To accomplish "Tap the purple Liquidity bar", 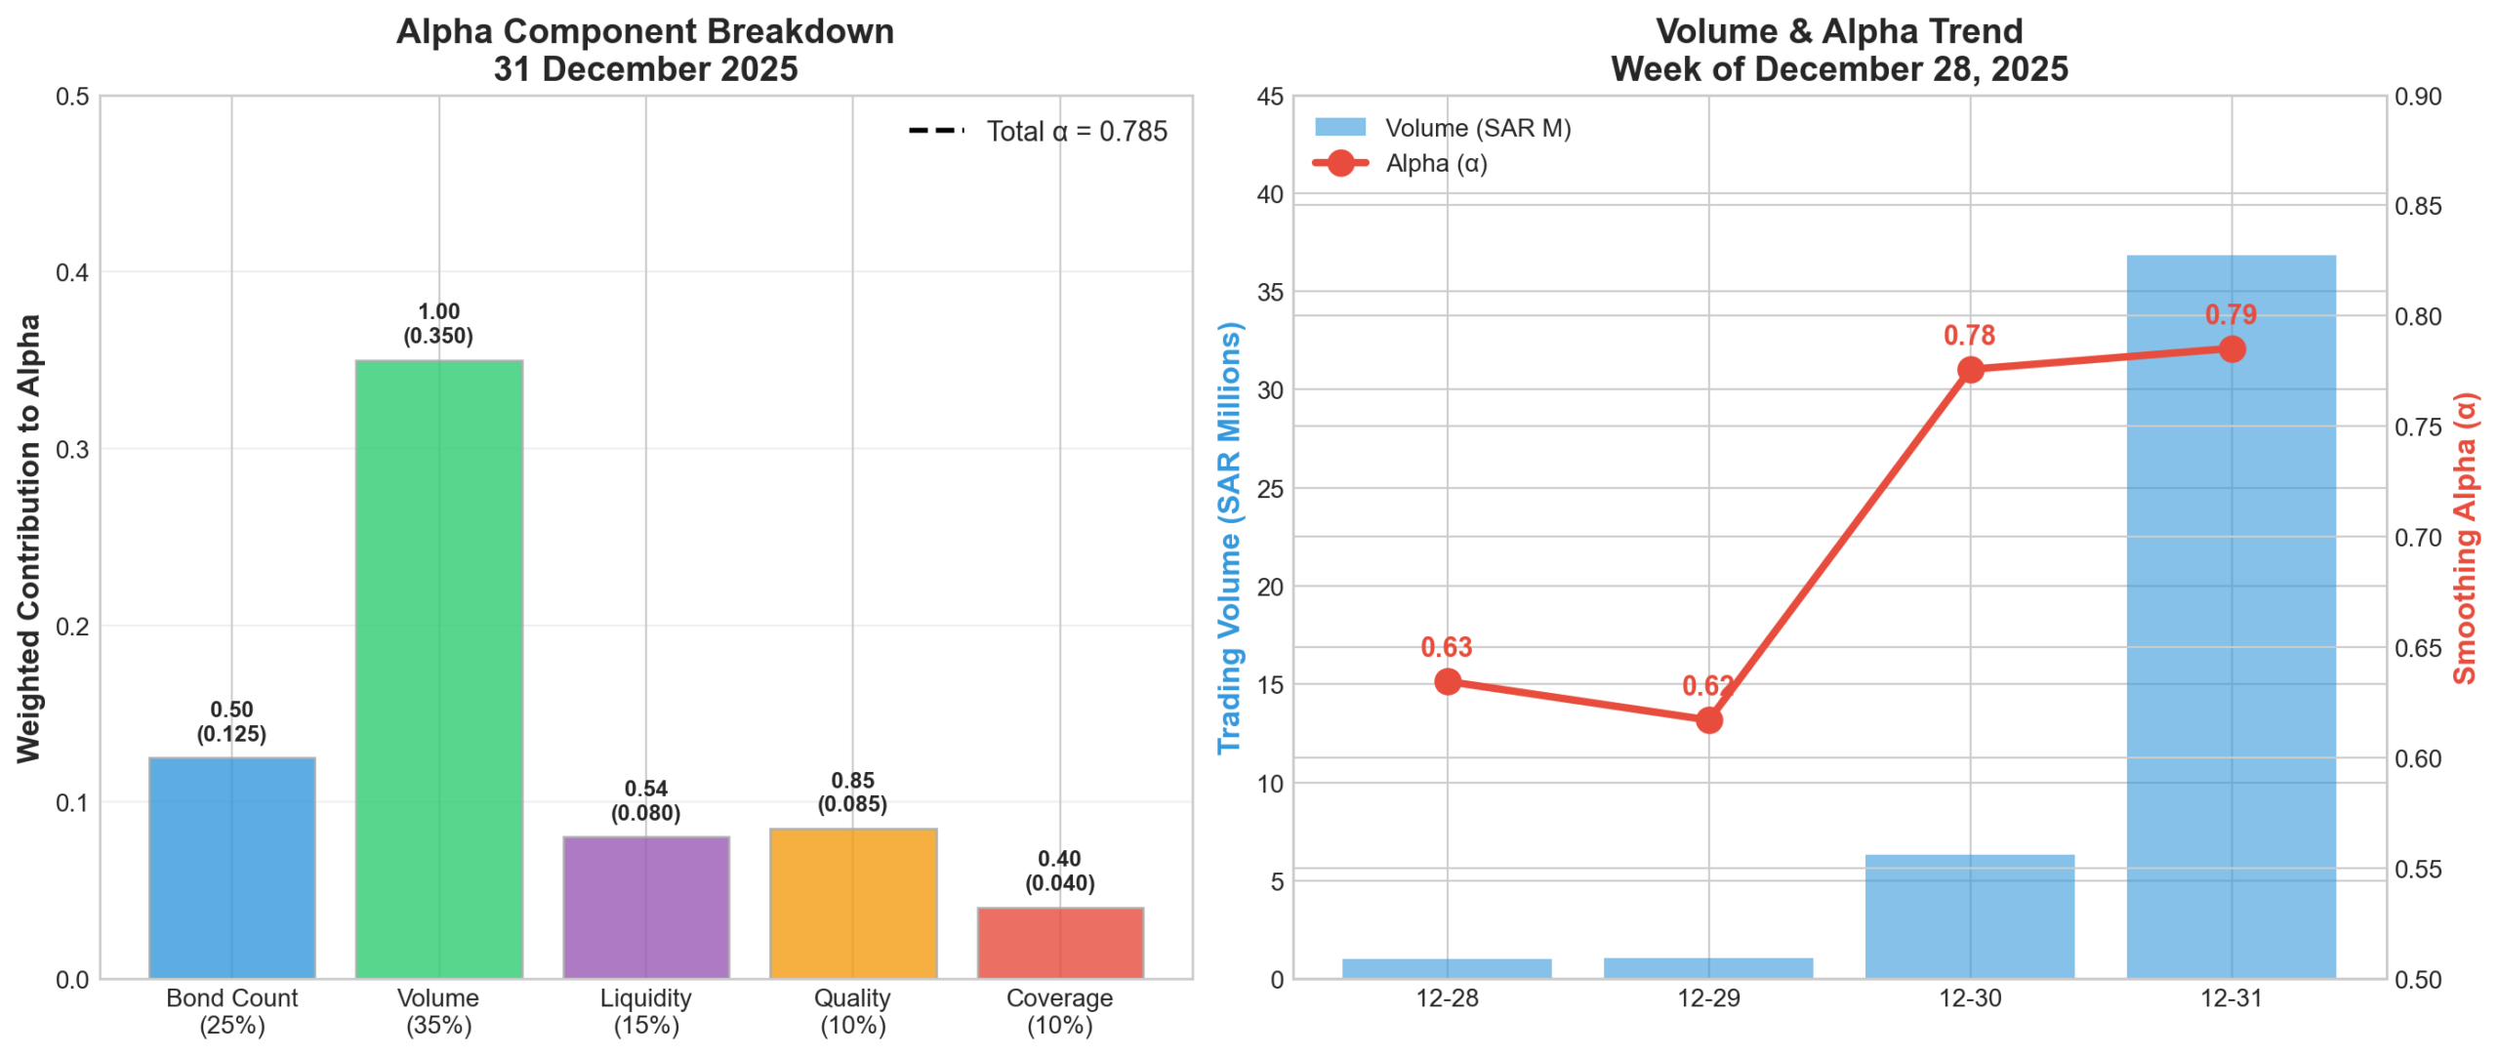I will pyautogui.click(x=645, y=907).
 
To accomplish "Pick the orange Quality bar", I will pyautogui.click(x=852, y=903).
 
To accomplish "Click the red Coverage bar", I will pyautogui.click(x=1059, y=942).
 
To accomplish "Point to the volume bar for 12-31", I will pyautogui.click(x=2231, y=615).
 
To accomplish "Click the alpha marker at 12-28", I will pyautogui.click(x=1448, y=681).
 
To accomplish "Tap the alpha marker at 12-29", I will pyautogui.click(x=1708, y=720).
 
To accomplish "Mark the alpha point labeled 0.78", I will pyautogui.click(x=1970, y=370).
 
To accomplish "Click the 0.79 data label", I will pyautogui.click(x=2231, y=314).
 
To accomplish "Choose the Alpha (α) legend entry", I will pyautogui.click(x=1435, y=163).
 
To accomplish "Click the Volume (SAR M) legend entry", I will pyautogui.click(x=1477, y=128).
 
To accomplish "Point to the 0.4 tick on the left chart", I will pyautogui.click(x=71, y=272).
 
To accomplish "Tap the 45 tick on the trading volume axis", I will pyautogui.click(x=1270, y=97).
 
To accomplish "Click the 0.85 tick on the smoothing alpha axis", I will pyautogui.click(x=2418, y=206).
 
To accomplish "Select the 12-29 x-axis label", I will pyautogui.click(x=1708, y=997).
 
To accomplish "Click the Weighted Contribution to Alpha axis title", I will pyautogui.click(x=28, y=538).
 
